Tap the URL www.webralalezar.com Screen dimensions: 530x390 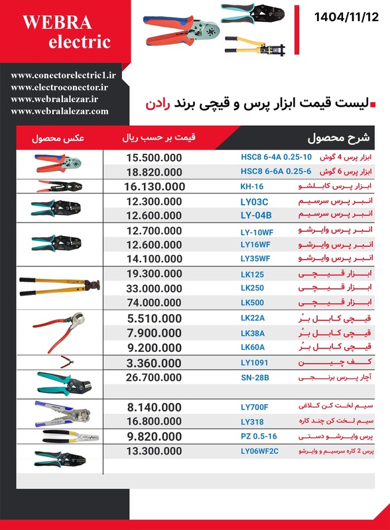point(60,111)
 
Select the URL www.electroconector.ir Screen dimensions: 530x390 point(60,87)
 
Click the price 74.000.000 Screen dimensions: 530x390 point(154,303)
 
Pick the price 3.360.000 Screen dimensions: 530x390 point(154,362)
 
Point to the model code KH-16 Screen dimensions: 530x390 point(252,187)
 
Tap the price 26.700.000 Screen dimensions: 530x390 point(154,376)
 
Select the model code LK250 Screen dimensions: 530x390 point(252,288)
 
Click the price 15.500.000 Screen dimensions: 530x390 point(154,158)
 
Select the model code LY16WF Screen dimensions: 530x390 point(255,244)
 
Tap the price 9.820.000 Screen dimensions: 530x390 point(154,437)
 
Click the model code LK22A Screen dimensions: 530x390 point(252,318)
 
